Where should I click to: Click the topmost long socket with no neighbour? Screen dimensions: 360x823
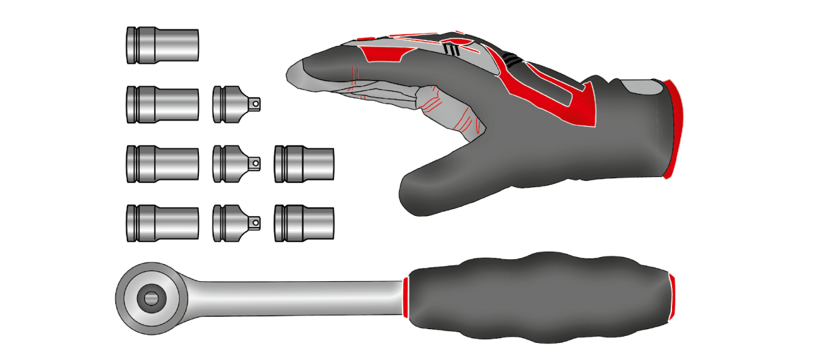coord(163,46)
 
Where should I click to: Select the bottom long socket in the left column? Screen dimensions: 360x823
coord(163,224)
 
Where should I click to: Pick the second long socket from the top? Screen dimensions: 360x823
coord(163,104)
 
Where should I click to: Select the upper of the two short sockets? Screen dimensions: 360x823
coord(304,164)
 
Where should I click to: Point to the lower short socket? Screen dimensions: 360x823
coord(304,223)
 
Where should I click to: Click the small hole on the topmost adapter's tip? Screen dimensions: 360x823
coord(255,104)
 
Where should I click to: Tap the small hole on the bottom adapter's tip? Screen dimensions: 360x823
coord(255,223)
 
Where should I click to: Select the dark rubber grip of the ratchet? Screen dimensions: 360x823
coord(535,299)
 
